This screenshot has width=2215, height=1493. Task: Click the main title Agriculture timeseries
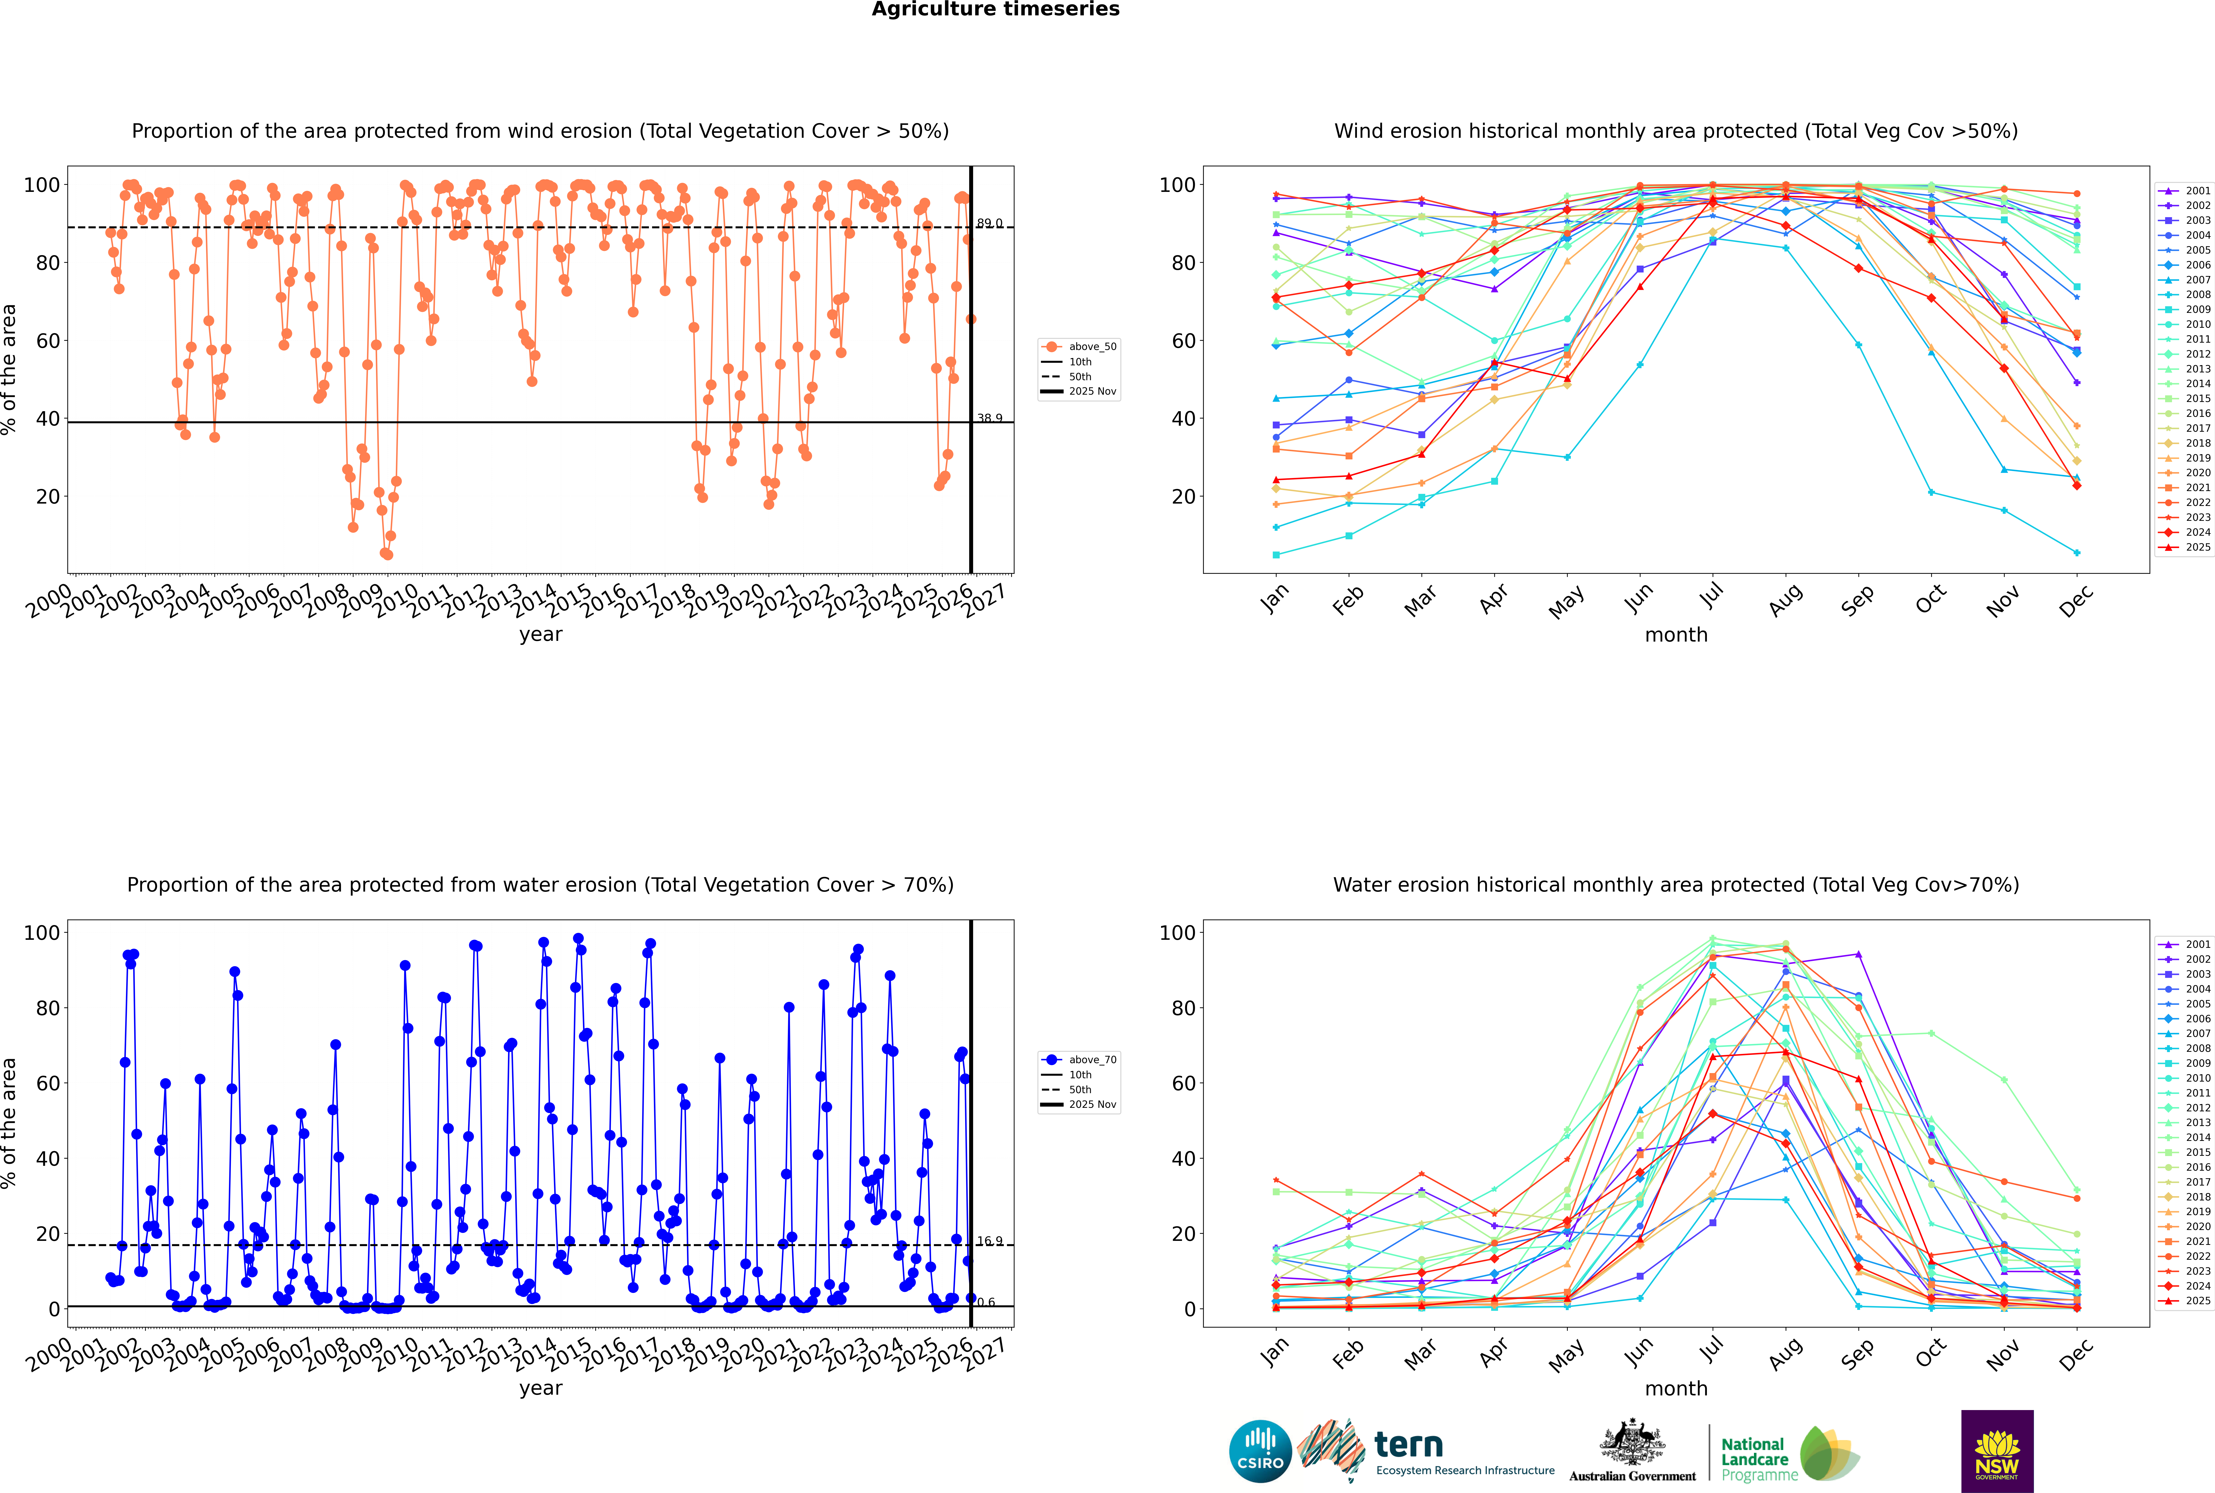[995, 9]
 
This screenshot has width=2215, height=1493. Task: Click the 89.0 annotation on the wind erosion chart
[989, 224]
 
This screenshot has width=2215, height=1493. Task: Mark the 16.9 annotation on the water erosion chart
[989, 1242]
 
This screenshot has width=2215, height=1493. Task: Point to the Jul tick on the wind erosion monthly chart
[1711, 597]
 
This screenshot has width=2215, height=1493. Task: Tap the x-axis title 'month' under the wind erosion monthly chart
[1676, 635]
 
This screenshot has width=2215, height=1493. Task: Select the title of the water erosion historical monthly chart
[1676, 885]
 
